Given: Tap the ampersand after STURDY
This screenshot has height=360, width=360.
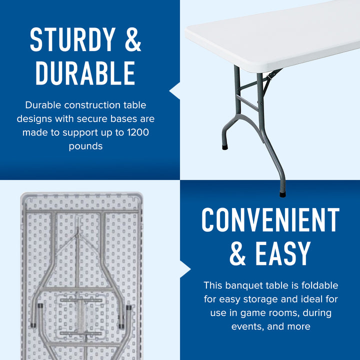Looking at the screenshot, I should click(132, 39).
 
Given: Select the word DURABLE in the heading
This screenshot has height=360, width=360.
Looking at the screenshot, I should click(85, 73).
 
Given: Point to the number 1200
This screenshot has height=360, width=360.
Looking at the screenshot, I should click(138, 132).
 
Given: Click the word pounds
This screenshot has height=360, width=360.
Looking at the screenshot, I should click(85, 146).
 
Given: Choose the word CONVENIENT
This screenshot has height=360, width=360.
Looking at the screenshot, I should click(270, 220).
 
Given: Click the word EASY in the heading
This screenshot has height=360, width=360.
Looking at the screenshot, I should click(283, 254).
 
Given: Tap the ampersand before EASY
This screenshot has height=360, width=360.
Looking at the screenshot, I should click(237, 254).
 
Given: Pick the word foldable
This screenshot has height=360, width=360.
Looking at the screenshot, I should click(320, 285).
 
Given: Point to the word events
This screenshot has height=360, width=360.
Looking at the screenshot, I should click(248, 326).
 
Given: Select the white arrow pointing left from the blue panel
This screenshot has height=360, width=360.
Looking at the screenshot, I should click(175, 90).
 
